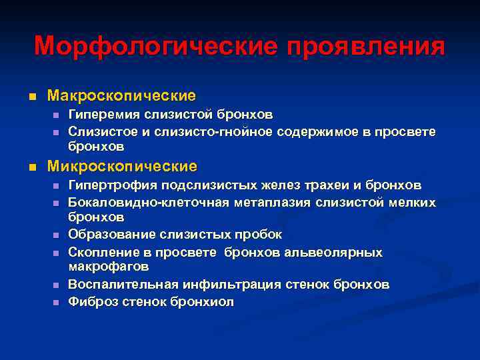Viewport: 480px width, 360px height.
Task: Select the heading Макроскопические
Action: click(x=121, y=96)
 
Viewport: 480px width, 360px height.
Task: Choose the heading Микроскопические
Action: click(x=122, y=165)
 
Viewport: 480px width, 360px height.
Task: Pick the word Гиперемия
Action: click(x=101, y=115)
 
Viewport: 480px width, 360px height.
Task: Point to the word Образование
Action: click(x=107, y=235)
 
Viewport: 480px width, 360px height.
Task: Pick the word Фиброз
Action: click(x=91, y=301)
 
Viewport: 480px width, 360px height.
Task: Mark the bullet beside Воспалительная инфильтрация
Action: click(x=55, y=285)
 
